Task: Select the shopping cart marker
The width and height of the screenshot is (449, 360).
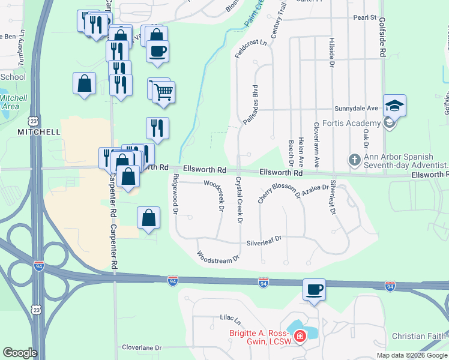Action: (x=163, y=92)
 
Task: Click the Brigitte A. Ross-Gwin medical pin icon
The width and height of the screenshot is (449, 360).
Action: (x=299, y=335)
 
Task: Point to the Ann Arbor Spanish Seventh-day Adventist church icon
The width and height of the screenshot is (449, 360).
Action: (x=354, y=161)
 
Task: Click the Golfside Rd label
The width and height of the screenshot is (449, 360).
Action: (x=382, y=37)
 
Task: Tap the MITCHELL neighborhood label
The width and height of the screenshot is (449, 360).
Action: (x=38, y=131)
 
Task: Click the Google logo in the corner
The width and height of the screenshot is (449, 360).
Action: (x=20, y=353)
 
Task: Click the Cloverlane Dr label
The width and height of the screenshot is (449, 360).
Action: (x=142, y=347)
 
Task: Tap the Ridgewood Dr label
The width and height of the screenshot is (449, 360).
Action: (x=175, y=194)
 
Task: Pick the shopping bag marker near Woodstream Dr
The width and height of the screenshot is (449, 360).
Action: (x=148, y=217)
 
